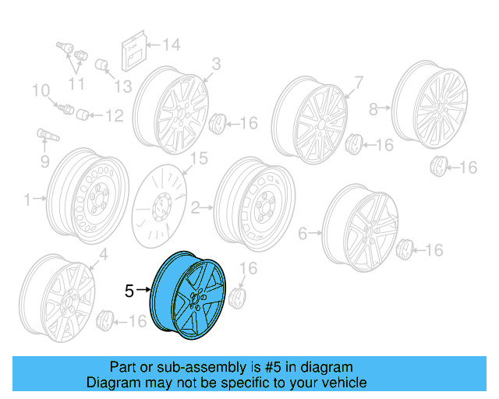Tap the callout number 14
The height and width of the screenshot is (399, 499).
click(171, 44)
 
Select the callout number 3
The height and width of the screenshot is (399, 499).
click(216, 63)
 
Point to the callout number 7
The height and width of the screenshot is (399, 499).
click(359, 81)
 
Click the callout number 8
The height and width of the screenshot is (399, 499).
click(373, 108)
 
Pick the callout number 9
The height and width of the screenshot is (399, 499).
click(44, 162)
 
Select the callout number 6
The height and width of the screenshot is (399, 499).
click(303, 233)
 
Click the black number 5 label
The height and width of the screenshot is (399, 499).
click(129, 291)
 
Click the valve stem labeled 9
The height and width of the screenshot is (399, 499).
click(45, 138)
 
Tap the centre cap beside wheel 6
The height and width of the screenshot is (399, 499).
click(405, 250)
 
